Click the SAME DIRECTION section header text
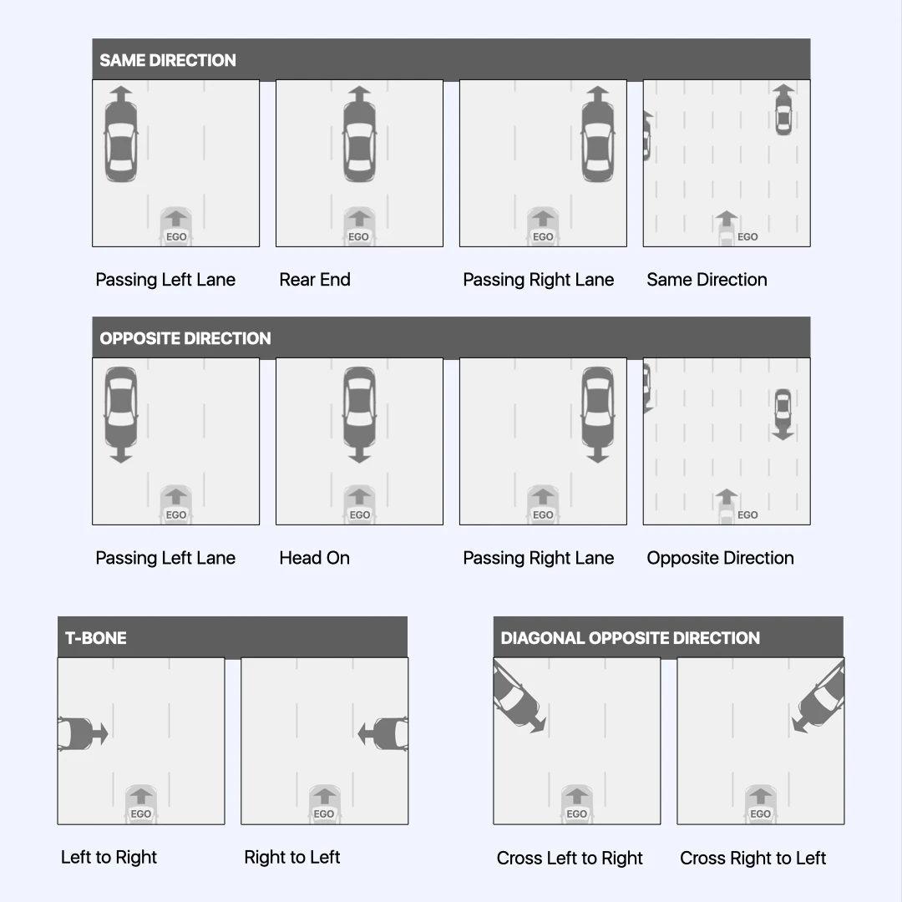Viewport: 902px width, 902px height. point(168,60)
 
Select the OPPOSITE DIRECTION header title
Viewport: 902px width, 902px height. point(185,338)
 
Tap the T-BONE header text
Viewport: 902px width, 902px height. point(96,638)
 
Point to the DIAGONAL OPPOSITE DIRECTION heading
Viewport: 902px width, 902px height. point(630,638)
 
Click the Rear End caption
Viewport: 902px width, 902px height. point(315,280)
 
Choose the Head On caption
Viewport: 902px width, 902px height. point(314,558)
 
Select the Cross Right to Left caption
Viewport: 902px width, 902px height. point(753,858)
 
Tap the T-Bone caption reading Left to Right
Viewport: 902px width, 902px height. point(109,857)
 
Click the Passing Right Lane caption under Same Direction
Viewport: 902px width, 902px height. point(538,280)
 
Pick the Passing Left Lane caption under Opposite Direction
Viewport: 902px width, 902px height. point(165,558)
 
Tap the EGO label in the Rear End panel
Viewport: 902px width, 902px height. point(358,237)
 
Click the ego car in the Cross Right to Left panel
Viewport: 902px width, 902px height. point(760,803)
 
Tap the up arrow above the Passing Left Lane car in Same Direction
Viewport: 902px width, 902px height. point(121,94)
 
